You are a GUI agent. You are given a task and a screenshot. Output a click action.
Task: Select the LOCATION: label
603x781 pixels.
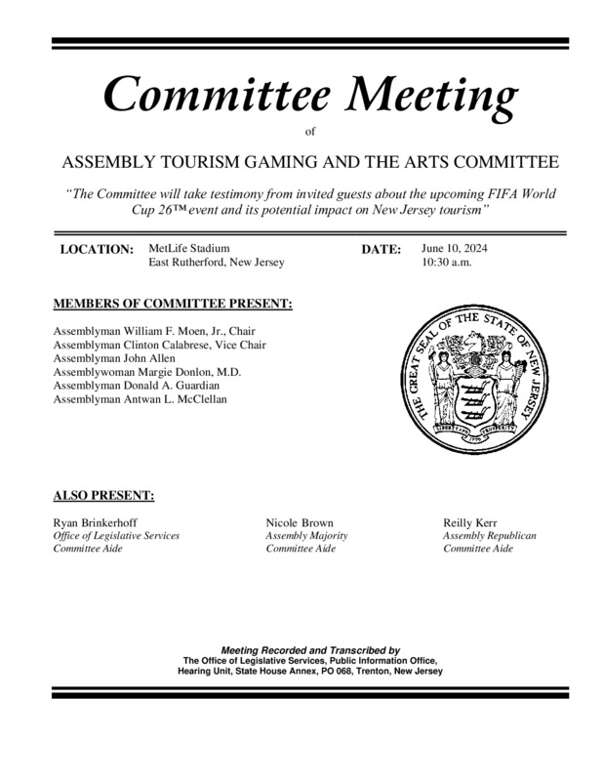[97, 250]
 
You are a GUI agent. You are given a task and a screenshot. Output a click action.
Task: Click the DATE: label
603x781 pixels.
[382, 250]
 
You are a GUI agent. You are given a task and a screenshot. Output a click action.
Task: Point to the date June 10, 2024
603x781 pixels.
[455, 248]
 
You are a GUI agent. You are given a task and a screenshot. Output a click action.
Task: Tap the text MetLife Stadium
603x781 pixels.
[189, 248]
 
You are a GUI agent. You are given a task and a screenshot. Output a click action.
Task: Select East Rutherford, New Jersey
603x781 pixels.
[217, 264]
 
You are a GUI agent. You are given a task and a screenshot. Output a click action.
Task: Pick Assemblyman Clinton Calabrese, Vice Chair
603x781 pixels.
[159, 345]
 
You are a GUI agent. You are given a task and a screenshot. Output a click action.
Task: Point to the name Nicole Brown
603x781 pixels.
[299, 522]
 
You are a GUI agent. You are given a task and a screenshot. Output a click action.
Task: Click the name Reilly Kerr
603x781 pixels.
[472, 522]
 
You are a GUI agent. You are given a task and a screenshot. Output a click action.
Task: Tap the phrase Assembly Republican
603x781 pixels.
[489, 536]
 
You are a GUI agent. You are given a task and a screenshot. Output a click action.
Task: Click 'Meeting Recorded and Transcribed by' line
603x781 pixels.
[310, 649]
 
